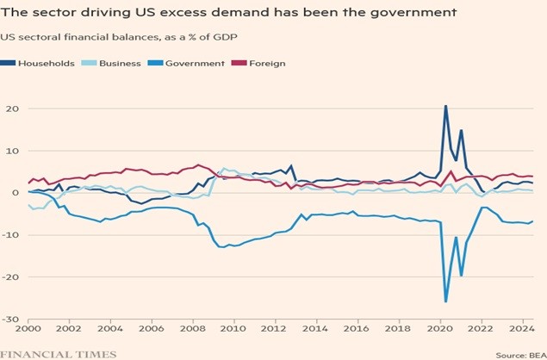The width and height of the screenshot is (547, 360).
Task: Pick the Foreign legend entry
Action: (x=268, y=63)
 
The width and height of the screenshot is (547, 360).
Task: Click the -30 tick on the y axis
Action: (x=13, y=320)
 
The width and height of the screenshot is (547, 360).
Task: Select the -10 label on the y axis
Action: (x=13, y=235)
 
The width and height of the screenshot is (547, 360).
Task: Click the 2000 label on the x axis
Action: (x=28, y=329)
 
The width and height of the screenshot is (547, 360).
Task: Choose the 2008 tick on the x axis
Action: (x=192, y=329)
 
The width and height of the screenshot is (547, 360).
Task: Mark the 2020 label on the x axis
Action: (x=438, y=329)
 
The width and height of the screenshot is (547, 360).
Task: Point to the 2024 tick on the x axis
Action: (x=520, y=329)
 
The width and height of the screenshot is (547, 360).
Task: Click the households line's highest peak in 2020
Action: (x=445, y=106)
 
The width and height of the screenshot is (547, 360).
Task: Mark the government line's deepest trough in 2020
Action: (x=445, y=301)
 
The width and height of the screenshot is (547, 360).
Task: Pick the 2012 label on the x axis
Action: (x=275, y=329)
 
